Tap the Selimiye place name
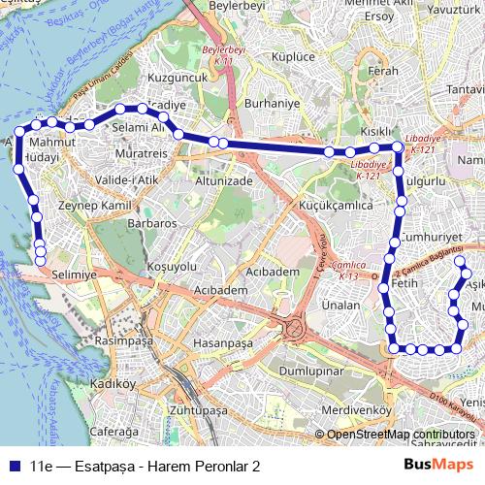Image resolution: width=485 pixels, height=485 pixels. coord(76,275)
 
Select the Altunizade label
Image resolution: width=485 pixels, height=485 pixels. coord(224,180)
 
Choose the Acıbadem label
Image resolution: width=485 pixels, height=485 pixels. coord(274,272)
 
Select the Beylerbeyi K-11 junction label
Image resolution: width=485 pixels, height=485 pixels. coord(225,53)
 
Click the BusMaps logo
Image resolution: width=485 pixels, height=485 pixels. coord(438,466)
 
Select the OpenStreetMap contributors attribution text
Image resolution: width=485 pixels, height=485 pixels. coord(400,435)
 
